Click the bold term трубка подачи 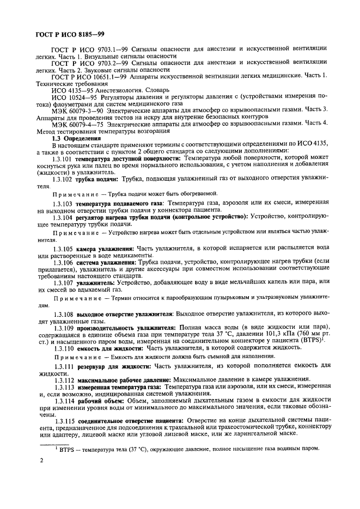99,178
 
